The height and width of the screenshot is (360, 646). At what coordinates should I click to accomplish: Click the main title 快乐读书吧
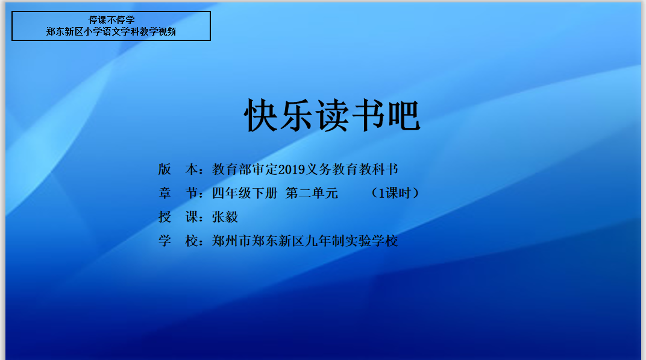point(332,115)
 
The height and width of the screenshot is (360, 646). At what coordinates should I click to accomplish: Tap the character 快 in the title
point(261,115)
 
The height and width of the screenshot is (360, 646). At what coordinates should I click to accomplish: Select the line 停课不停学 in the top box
point(111,20)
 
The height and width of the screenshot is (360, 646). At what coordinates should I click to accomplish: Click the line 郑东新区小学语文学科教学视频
point(111,32)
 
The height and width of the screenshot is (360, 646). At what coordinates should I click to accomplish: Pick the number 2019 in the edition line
point(291,169)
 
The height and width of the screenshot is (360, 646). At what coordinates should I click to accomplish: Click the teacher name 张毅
point(225,217)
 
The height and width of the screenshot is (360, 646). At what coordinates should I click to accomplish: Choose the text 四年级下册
point(245,193)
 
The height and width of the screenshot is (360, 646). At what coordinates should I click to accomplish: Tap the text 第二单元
point(312,193)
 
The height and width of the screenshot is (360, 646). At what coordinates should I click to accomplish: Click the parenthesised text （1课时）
point(395,193)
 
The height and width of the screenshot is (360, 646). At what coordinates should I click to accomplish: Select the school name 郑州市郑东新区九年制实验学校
point(305,241)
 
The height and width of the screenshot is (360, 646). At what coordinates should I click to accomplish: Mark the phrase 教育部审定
point(245,169)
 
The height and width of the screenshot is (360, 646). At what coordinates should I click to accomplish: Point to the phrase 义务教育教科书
point(351,169)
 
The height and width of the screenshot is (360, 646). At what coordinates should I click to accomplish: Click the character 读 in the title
point(333,115)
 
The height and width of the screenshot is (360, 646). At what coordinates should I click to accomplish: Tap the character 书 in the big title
point(368,115)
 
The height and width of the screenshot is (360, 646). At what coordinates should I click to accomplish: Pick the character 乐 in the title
point(296,115)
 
